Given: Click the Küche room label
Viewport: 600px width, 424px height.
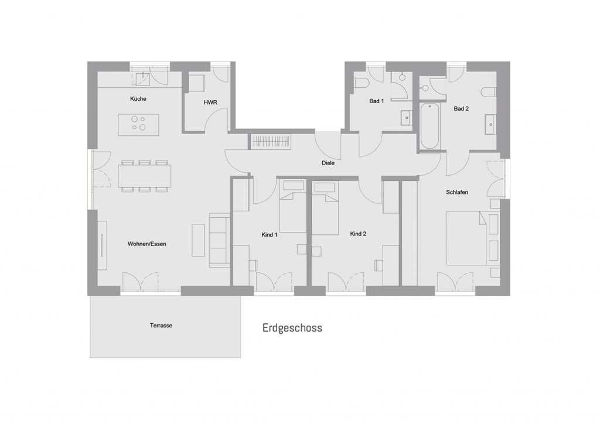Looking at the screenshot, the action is coord(138,98).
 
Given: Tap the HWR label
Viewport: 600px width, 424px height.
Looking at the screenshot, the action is coord(210,102).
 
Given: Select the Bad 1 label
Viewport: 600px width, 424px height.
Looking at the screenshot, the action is coord(377,101).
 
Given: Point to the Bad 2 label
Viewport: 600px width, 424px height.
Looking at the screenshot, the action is coord(461,108).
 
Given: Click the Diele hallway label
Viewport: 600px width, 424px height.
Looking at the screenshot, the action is coord(328,163).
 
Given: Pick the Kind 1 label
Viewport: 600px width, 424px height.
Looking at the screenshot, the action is coord(270,235).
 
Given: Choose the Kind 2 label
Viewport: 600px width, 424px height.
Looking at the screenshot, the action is coord(358,234).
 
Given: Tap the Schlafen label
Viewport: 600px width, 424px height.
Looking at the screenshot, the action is coord(457,192).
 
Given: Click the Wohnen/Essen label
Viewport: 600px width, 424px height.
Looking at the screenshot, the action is coord(147,244).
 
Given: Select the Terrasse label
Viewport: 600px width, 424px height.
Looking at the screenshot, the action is coord(161,326).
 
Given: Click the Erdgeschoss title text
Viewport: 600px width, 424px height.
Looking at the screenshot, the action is coord(292,328).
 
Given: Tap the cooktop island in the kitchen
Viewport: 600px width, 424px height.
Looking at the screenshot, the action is coord(138,125).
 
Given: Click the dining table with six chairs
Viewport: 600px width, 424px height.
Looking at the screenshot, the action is coord(144,176).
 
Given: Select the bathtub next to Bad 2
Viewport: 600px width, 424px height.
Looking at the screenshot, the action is coord(429,126).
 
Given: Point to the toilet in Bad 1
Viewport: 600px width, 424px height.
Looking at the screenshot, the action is coord(362,83).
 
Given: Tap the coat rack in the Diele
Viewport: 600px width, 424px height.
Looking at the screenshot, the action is coord(271,142).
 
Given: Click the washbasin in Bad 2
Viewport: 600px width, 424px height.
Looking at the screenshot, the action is coord(490,124).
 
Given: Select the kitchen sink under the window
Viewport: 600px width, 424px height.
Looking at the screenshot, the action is coord(144,78).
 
